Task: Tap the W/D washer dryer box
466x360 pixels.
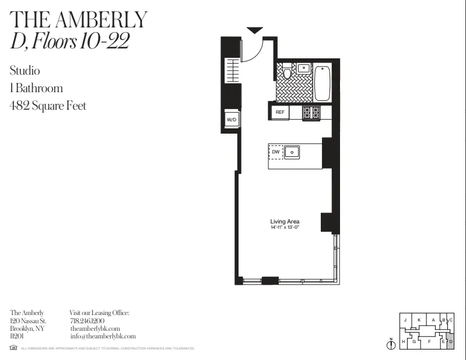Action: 232,120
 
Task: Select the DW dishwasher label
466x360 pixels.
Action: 276,152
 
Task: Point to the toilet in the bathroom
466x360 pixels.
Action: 287,73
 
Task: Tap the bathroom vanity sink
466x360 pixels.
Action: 304,68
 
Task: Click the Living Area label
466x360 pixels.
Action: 285,222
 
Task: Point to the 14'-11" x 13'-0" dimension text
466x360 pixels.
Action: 285,228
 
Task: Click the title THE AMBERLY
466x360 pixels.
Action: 79,20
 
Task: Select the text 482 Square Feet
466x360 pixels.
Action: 48,106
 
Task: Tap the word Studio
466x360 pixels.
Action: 24,71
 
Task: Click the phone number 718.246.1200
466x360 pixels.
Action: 87,321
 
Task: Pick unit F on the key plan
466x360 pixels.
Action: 429,341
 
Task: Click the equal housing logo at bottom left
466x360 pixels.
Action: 13,348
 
